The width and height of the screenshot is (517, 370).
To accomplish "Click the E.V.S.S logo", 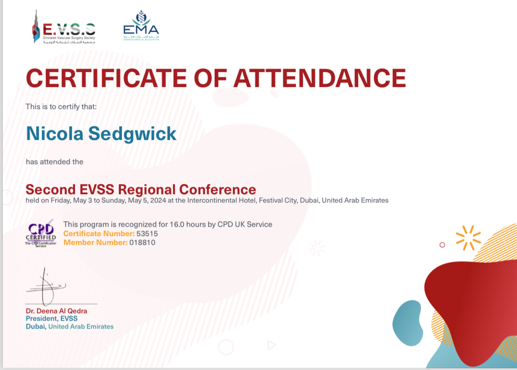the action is pos(64,27).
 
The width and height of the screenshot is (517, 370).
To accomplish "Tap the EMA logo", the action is pos(141,25).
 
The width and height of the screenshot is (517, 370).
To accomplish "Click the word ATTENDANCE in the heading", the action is pos(320,78).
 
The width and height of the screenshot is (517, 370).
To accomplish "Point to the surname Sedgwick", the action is pos(132,134).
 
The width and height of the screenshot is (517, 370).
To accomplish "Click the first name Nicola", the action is pos(55,134).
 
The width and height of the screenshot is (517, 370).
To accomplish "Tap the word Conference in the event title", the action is pos(217,190).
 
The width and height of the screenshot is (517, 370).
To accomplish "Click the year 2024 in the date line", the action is pos(158,201).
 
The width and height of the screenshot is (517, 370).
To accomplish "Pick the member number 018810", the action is pos(142,243).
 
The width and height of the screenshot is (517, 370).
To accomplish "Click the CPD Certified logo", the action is pos(41,233).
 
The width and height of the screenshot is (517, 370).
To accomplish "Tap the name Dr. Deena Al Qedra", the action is pos(57,311).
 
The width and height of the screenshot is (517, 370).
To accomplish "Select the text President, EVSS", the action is pos(52,319).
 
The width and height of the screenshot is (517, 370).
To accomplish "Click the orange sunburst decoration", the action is pos(468,238).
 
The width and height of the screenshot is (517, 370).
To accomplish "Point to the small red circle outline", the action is pos(442,245).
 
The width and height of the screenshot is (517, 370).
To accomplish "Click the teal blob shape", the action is pos(408,323).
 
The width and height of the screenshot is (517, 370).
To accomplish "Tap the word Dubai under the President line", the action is pos(36,326).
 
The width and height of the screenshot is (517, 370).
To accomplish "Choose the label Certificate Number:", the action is pos(99,234).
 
